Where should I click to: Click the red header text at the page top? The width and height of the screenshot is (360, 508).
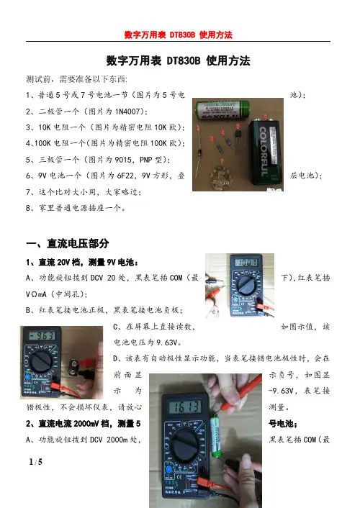179,35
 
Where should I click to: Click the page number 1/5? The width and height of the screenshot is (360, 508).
36,462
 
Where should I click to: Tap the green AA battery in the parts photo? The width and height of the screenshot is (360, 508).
222,109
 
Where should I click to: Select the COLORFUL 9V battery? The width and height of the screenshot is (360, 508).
265,153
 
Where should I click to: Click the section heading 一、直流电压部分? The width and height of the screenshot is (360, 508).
68,244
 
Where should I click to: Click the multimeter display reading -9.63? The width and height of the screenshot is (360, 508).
42,336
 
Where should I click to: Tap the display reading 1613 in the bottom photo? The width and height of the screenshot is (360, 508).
186,407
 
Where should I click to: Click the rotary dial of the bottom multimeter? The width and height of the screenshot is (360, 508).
184,445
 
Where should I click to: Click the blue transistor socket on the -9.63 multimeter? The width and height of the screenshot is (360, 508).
28,377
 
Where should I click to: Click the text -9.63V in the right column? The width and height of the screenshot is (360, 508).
282,391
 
